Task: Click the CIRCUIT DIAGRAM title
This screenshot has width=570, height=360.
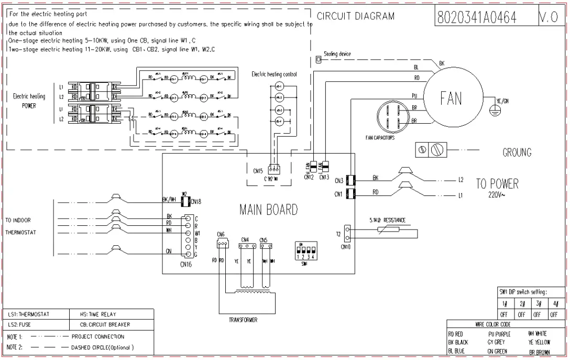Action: [x=355, y=16]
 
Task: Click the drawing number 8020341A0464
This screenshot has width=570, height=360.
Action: [x=476, y=17]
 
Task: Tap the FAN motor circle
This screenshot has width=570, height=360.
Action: [x=451, y=98]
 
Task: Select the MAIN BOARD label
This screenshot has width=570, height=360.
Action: [x=268, y=210]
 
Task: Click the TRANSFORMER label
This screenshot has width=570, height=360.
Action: [x=243, y=320]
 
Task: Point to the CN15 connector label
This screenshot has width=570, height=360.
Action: [x=257, y=171]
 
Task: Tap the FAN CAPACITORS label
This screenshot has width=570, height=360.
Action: [x=380, y=138]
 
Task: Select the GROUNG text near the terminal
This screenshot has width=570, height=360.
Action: [x=517, y=153]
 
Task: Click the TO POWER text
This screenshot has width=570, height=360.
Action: [x=497, y=184]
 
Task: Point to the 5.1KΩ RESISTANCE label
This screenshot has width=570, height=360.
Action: [x=387, y=221]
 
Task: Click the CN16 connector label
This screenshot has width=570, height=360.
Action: [x=186, y=264]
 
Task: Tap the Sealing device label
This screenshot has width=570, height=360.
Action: [x=337, y=54]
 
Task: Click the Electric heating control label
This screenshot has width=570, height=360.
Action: [x=274, y=74]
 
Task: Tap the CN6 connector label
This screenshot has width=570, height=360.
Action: [x=221, y=234]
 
